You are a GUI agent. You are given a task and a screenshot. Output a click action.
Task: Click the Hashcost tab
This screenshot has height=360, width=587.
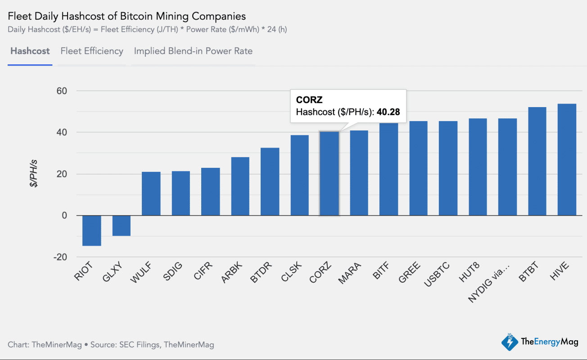30,51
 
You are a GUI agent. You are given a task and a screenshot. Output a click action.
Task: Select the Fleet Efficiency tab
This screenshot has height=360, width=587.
92,51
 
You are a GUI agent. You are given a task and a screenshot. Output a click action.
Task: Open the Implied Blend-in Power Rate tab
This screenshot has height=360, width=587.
193,51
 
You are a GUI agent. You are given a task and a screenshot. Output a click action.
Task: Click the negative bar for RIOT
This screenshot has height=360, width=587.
91,230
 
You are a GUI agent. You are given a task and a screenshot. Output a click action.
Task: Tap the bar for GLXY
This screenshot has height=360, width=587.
121,225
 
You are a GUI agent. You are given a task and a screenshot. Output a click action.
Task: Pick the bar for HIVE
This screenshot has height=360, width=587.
567,160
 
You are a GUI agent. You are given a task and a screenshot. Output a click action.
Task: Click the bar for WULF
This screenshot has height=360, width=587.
151,193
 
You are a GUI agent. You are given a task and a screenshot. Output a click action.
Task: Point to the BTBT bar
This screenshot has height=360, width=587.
537,161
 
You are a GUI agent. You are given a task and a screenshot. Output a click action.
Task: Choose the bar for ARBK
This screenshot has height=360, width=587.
240,186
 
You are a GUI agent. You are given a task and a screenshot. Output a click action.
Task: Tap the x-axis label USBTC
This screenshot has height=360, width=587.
436,275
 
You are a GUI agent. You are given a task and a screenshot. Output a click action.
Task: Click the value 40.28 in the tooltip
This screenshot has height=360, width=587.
388,112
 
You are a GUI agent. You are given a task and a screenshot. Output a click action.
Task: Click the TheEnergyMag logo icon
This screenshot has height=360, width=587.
509,342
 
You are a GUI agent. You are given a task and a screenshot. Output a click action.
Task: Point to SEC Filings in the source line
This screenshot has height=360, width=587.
139,345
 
